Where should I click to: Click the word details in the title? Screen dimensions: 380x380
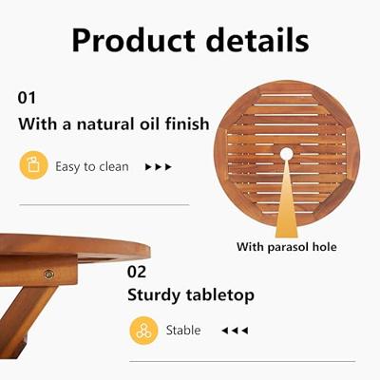tap(252, 41)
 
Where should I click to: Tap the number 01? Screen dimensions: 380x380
tap(28, 98)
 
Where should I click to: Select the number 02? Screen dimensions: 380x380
tap(138, 271)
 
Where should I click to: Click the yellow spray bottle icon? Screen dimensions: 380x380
tap(34, 166)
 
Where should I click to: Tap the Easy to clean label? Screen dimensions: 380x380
tap(92, 166)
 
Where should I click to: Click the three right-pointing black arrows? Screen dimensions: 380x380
tap(158, 166)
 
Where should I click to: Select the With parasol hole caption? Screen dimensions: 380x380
tap(287, 247)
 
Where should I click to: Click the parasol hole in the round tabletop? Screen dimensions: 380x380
tap(287, 153)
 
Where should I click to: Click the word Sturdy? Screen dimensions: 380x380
tap(157, 295)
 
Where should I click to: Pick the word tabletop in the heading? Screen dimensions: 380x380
tap(222, 295)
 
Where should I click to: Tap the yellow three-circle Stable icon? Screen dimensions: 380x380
tap(143, 330)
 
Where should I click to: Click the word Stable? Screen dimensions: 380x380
tap(183, 330)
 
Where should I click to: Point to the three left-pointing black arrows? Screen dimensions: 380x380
tap(234, 330)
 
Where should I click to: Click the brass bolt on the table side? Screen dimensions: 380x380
tap(48, 274)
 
